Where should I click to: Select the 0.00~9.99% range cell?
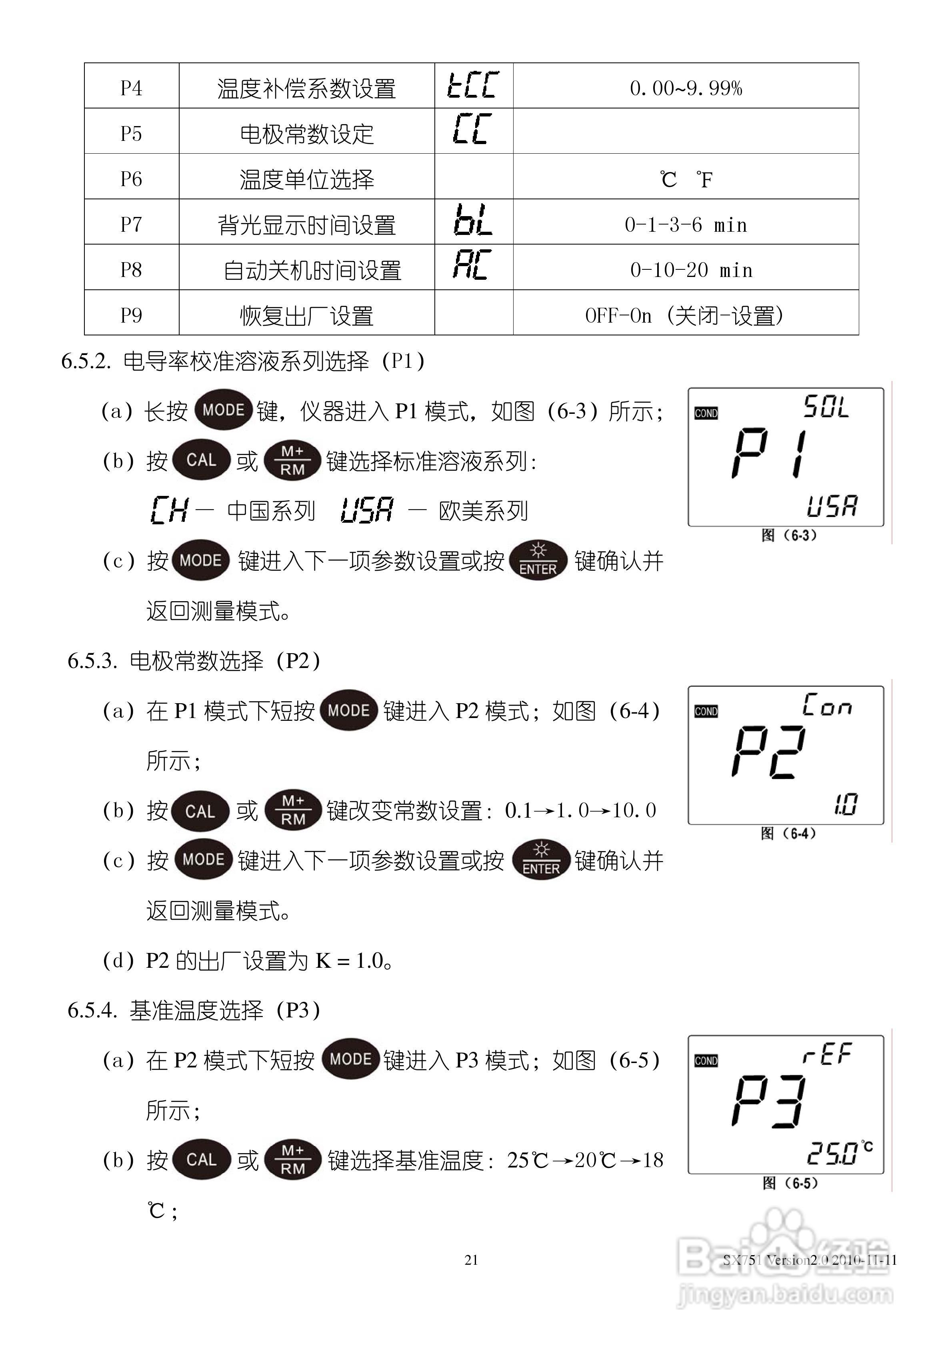point(686,88)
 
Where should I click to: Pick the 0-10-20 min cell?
point(691,270)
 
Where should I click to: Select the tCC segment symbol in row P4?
point(473,85)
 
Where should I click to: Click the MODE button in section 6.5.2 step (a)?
point(223,410)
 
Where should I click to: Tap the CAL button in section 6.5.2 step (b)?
point(201,460)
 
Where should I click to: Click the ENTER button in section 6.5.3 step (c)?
point(540,861)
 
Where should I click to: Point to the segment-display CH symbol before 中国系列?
point(169,510)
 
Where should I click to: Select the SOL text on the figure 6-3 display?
point(826,407)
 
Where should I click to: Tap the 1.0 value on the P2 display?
point(845,805)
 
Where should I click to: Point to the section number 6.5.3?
point(92,662)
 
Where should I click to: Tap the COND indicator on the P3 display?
point(706,1061)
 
